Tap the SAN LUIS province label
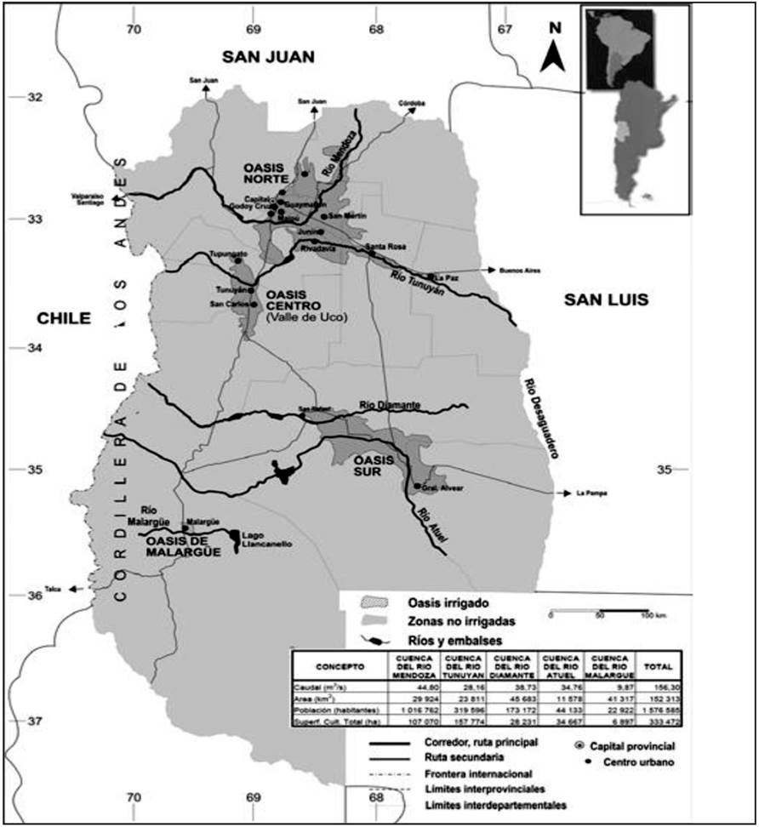[x=607, y=299]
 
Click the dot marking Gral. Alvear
[x=417, y=487]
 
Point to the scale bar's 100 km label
[x=652, y=614]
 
